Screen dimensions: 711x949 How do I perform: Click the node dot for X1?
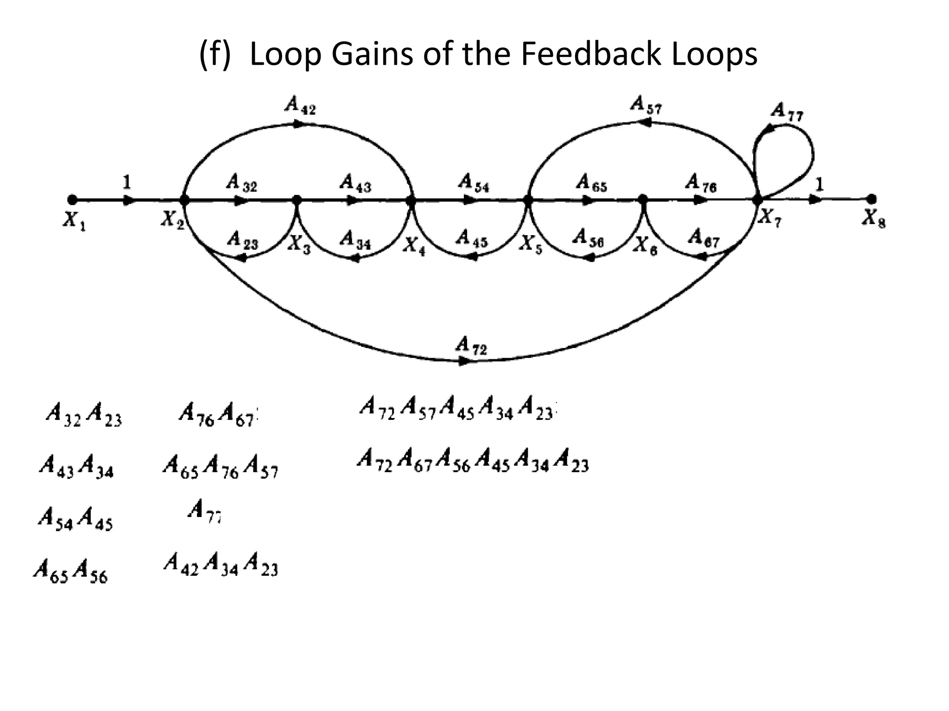tap(72, 200)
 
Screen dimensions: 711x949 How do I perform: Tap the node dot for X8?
tap(871, 200)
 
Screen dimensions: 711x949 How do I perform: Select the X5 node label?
tap(528, 243)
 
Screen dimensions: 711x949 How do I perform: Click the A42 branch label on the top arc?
tap(300, 106)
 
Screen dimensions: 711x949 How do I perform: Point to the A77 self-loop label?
tap(787, 112)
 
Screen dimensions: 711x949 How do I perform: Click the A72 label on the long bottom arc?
tap(471, 346)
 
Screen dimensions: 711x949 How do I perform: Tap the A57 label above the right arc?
tap(646, 105)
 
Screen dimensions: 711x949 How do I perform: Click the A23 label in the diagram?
tap(242, 240)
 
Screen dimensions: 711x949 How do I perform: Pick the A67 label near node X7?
tap(703, 237)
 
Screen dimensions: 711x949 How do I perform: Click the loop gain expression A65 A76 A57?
tap(220, 466)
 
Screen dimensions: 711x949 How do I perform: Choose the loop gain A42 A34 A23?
tap(221, 564)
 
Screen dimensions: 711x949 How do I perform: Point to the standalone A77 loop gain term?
tap(204, 511)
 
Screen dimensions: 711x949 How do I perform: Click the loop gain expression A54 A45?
tap(76, 518)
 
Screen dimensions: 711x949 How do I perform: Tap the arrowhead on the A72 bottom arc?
tap(463, 362)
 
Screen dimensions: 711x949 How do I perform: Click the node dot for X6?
tap(643, 200)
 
